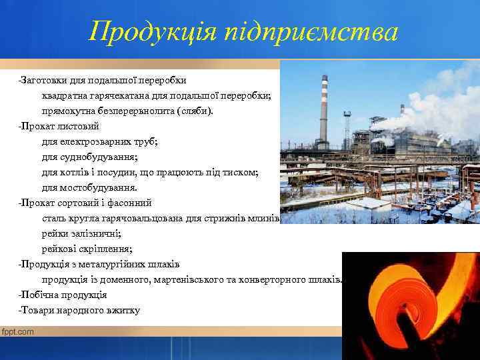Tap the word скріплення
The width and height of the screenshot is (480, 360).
pyautogui.click(x=107, y=249)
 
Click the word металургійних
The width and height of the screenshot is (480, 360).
pyautogui.click(x=107, y=264)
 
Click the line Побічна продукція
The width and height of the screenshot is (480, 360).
pyautogui.click(x=63, y=295)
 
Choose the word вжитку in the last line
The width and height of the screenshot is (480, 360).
pyautogui.click(x=124, y=310)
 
